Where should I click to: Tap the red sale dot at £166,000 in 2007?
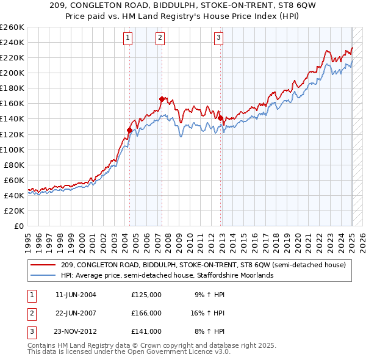[x=162, y=99]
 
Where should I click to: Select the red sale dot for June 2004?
[x=129, y=130]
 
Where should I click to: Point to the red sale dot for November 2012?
[x=220, y=118]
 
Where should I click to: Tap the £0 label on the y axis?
[x=19, y=226]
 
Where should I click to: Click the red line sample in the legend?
[x=43, y=265]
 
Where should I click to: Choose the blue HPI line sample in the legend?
[x=43, y=275]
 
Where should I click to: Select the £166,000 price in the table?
[x=146, y=313]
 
